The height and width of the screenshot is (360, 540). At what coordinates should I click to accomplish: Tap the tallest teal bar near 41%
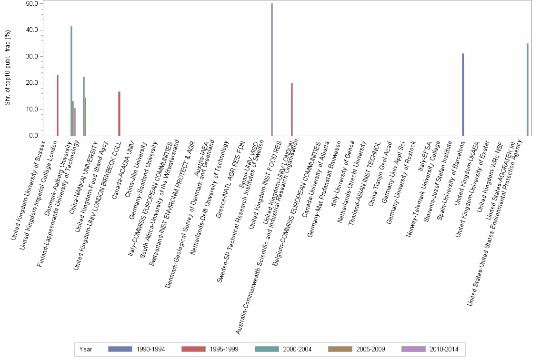click(x=71, y=80)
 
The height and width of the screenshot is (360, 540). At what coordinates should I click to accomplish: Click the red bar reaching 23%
click(x=58, y=105)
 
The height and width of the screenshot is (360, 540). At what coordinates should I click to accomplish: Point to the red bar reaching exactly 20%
click(x=292, y=109)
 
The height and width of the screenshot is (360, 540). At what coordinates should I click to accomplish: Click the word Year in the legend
click(x=86, y=349)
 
